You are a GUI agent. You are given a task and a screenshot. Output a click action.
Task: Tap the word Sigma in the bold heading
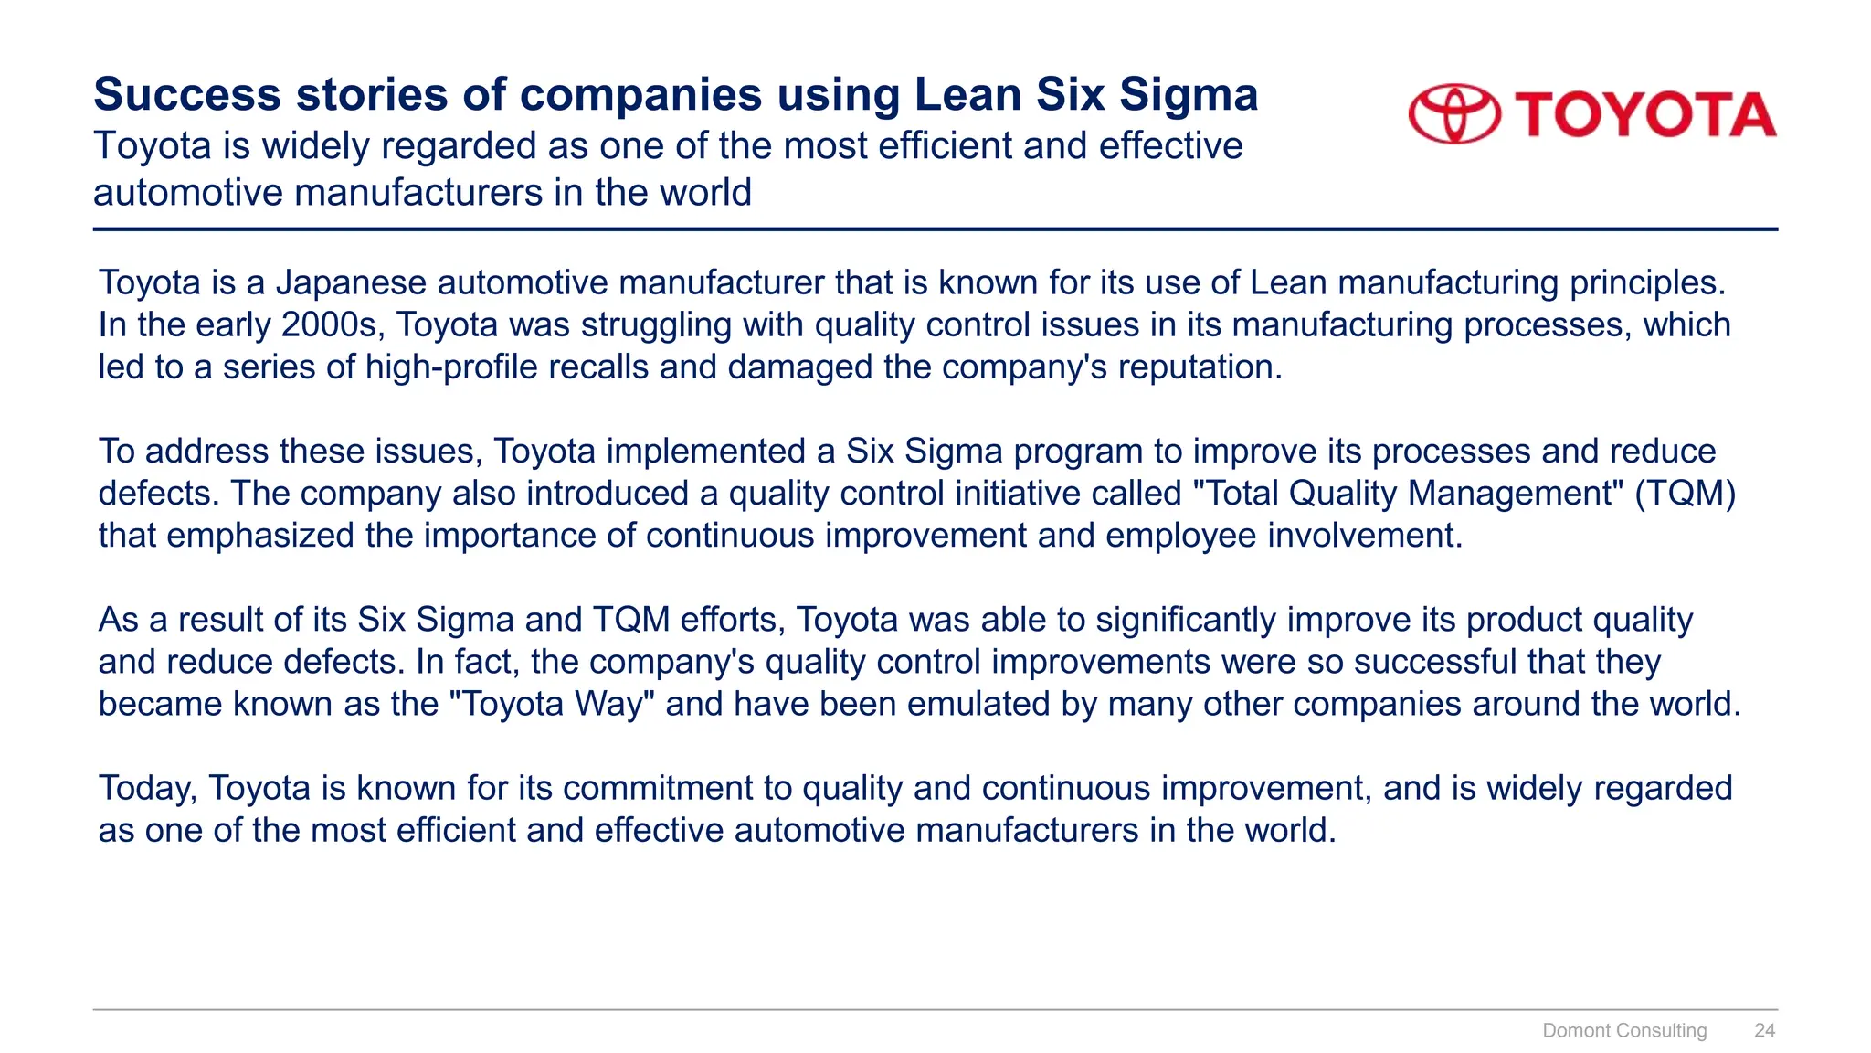click(1189, 96)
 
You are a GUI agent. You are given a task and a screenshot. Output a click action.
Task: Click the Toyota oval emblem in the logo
click(1454, 114)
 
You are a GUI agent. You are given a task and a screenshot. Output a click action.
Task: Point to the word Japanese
click(351, 283)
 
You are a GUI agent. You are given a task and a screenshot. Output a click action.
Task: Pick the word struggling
click(655, 325)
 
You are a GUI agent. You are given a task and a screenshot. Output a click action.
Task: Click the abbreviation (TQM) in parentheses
click(1686, 494)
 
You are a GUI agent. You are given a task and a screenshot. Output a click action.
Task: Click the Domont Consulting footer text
click(1624, 1031)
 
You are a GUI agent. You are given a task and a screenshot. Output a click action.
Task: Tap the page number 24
click(1764, 1031)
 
